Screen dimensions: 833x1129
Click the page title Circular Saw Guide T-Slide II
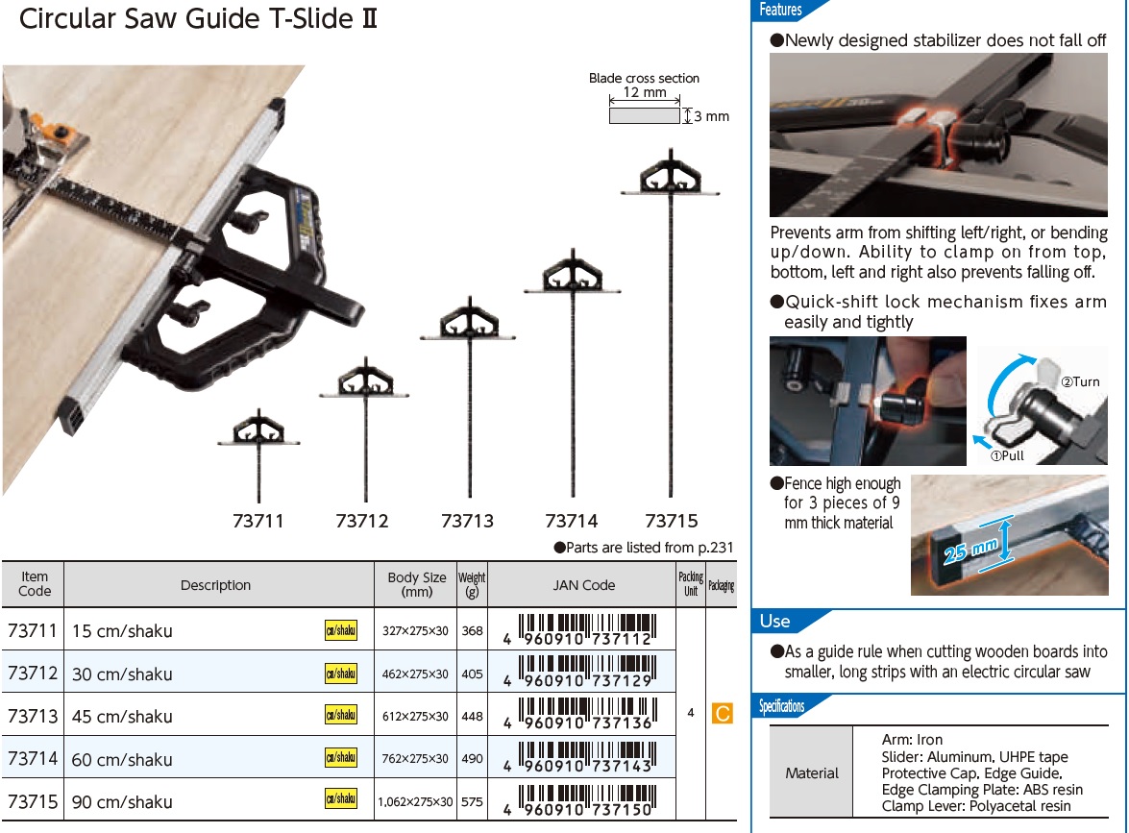[198, 20]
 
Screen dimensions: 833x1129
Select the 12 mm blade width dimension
[644, 93]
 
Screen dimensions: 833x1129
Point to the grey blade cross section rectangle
[644, 115]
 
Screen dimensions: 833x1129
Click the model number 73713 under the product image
[467, 521]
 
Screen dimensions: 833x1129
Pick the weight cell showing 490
[472, 758]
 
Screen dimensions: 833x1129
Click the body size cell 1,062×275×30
[416, 801]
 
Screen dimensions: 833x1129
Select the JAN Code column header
[583, 584]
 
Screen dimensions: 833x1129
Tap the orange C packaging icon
[722, 714]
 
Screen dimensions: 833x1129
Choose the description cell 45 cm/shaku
[122, 717]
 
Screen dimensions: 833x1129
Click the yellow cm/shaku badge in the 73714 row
[341, 757]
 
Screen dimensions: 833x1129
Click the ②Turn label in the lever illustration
[1080, 381]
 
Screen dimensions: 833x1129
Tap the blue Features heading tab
[780, 10]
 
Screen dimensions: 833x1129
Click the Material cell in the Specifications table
[812, 772]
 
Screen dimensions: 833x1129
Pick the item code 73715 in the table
[33, 800]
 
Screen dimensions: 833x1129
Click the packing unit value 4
[691, 714]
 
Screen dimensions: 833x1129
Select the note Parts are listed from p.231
[644, 548]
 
